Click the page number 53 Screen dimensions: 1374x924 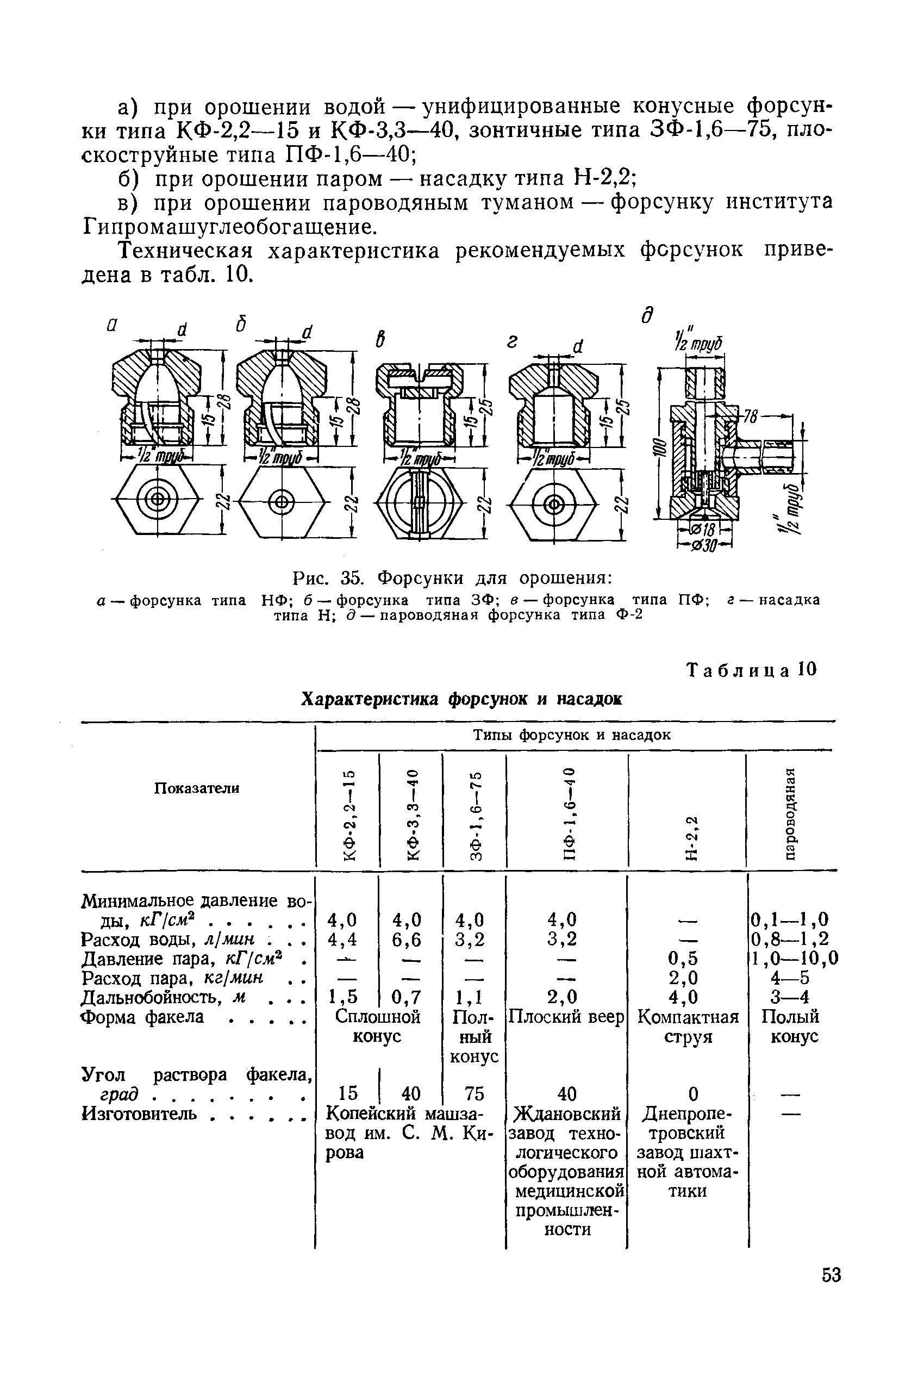[x=832, y=1292]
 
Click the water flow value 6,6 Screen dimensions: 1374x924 [x=407, y=939]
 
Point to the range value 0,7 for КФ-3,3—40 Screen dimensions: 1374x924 [x=407, y=997]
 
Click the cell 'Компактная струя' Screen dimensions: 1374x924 [x=688, y=1026]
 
